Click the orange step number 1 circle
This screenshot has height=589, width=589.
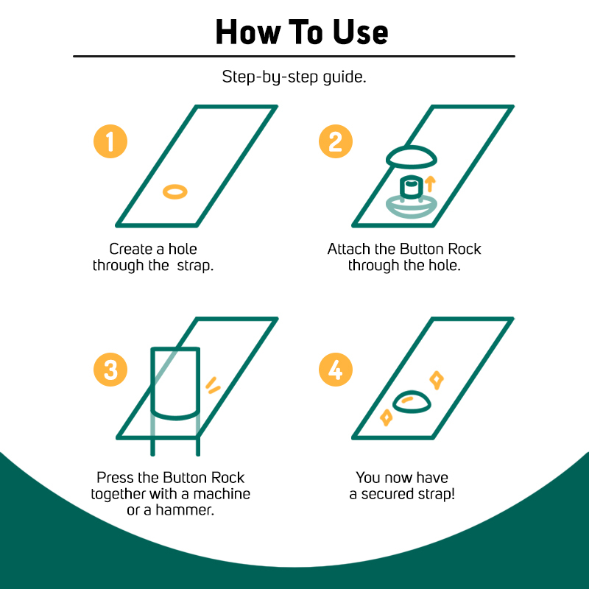(x=110, y=141)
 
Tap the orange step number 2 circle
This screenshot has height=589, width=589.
(x=336, y=141)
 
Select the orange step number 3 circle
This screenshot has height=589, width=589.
(x=110, y=370)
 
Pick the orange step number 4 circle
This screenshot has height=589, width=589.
(x=336, y=370)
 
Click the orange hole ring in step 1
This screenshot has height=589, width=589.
(x=175, y=187)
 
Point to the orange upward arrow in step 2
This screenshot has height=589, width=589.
(x=430, y=184)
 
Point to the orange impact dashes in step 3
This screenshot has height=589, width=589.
(x=213, y=385)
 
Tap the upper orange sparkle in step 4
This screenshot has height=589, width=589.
(x=437, y=380)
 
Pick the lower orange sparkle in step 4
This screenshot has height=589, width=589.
(x=386, y=417)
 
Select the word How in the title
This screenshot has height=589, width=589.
(x=248, y=32)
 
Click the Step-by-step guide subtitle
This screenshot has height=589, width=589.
(x=294, y=77)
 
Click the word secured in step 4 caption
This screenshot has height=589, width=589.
(x=393, y=494)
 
